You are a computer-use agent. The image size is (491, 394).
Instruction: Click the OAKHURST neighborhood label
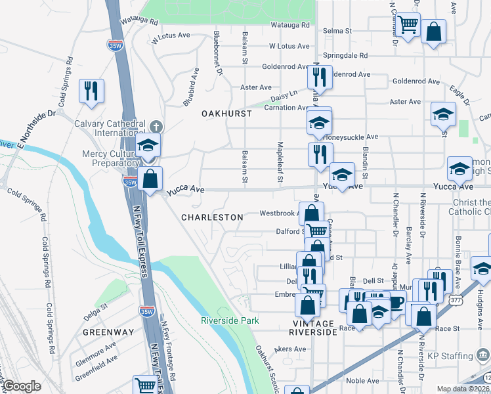226,114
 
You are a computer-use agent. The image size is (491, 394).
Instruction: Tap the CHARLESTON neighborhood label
212,217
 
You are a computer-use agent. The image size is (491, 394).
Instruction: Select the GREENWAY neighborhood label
108,332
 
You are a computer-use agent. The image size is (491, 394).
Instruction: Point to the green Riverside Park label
230,320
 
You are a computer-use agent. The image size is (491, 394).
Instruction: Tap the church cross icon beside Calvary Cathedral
155,125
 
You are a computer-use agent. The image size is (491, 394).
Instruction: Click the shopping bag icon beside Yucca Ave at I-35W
150,178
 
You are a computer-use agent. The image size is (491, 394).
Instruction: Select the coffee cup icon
396,303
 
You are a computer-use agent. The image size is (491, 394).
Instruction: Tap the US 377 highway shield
455,299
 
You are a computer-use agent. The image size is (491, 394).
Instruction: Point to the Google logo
22,385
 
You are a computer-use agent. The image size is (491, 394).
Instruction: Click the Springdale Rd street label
345,56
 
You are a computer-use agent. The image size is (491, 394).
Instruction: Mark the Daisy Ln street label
285,94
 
